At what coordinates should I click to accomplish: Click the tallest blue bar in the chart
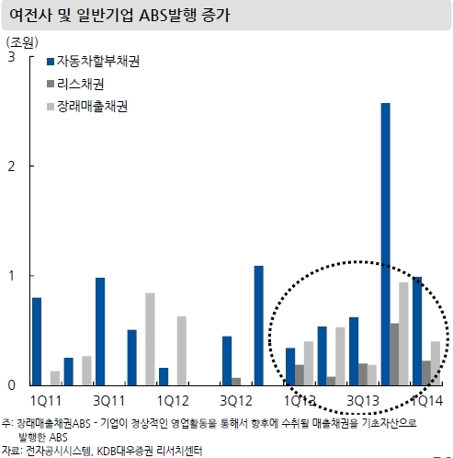pos(386,244)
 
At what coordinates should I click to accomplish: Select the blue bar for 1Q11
pos(37,341)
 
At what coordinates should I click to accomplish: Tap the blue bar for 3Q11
pos(100,331)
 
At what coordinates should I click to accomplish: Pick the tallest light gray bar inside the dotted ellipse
pos(403,334)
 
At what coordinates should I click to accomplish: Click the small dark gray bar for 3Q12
pos(236,382)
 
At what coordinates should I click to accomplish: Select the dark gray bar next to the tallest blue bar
pos(394,354)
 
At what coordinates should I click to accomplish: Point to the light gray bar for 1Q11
pos(55,378)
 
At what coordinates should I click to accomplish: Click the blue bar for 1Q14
pos(417,331)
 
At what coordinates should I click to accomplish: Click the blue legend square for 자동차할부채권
pos(51,62)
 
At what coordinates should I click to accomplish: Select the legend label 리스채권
pos(81,84)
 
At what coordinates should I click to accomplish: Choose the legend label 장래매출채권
pos(92,107)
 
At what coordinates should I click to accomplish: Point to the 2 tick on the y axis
pos(11,166)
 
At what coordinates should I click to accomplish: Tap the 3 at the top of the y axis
pos(11,57)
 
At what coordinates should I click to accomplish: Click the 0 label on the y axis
pos(11,385)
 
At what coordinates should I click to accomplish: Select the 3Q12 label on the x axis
pos(236,401)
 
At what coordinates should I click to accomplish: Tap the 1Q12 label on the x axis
pos(173,401)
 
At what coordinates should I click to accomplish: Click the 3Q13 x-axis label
pos(363,401)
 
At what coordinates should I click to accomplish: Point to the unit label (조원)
pos(22,42)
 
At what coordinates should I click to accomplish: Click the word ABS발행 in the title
pos(167,15)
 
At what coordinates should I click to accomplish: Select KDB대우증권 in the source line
pos(125,451)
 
